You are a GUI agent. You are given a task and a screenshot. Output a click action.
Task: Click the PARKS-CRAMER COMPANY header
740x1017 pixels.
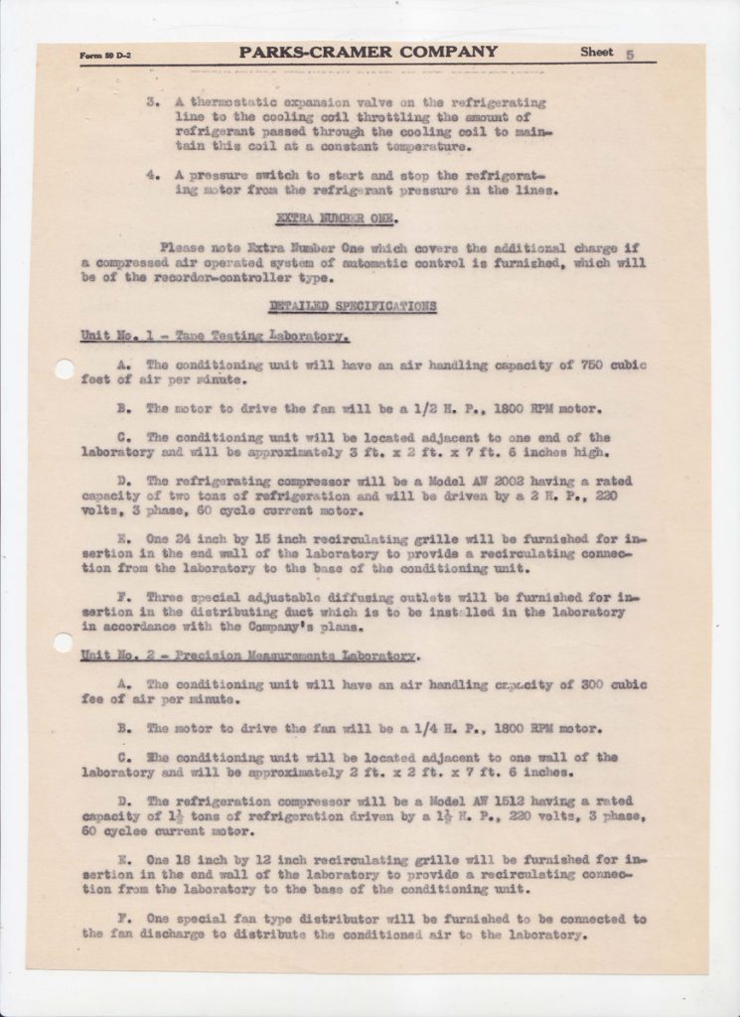(x=368, y=52)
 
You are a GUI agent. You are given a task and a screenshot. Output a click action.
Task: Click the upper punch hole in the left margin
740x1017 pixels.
(x=65, y=369)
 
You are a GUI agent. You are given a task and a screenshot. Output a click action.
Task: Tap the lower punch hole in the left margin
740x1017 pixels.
(x=64, y=643)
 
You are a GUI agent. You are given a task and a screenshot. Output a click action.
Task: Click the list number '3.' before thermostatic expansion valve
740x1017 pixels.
(x=153, y=103)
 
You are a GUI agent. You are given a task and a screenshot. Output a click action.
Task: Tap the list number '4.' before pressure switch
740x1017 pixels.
(x=153, y=173)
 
